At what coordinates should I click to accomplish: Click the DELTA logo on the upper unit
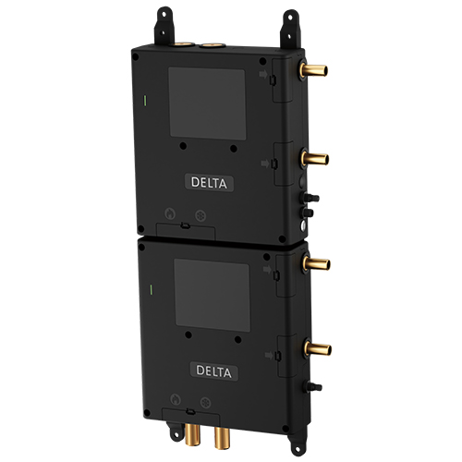209,183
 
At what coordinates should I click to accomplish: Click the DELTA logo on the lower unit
213,371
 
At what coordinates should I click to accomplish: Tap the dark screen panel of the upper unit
207,103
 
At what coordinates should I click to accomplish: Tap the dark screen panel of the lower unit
213,295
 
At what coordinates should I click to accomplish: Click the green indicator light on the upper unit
145,101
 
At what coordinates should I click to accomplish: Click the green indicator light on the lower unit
151,290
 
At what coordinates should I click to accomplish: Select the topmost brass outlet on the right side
313,69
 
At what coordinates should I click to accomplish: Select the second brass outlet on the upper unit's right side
315,159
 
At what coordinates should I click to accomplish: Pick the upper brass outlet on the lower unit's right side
316,264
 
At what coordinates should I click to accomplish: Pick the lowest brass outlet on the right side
318,349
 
